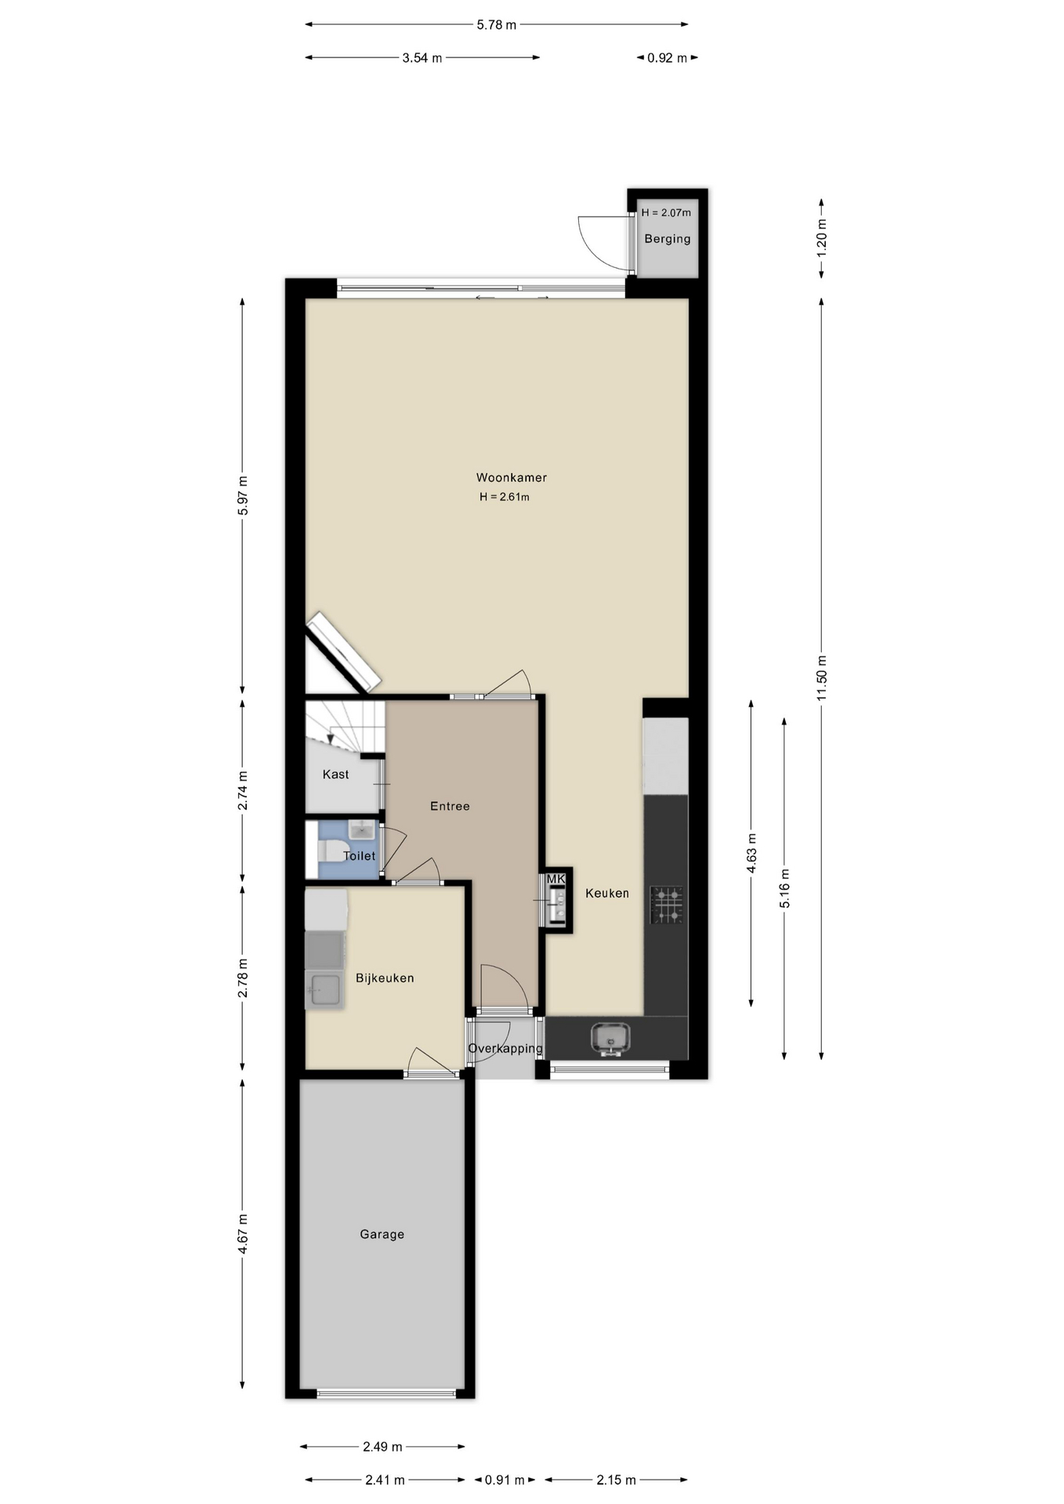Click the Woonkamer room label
(x=512, y=477)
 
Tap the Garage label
(x=382, y=1234)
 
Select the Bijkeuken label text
(x=385, y=978)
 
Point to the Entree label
(x=450, y=806)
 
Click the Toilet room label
(x=360, y=855)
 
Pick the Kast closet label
(x=336, y=774)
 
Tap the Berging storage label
(x=668, y=239)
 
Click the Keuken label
(x=607, y=893)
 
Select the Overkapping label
(x=505, y=1048)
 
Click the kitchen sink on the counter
(x=610, y=1039)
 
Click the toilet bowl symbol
(x=330, y=851)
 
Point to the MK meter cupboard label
(x=556, y=879)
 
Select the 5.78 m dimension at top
(x=497, y=24)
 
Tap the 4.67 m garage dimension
(x=243, y=1234)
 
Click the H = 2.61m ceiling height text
(x=505, y=497)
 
